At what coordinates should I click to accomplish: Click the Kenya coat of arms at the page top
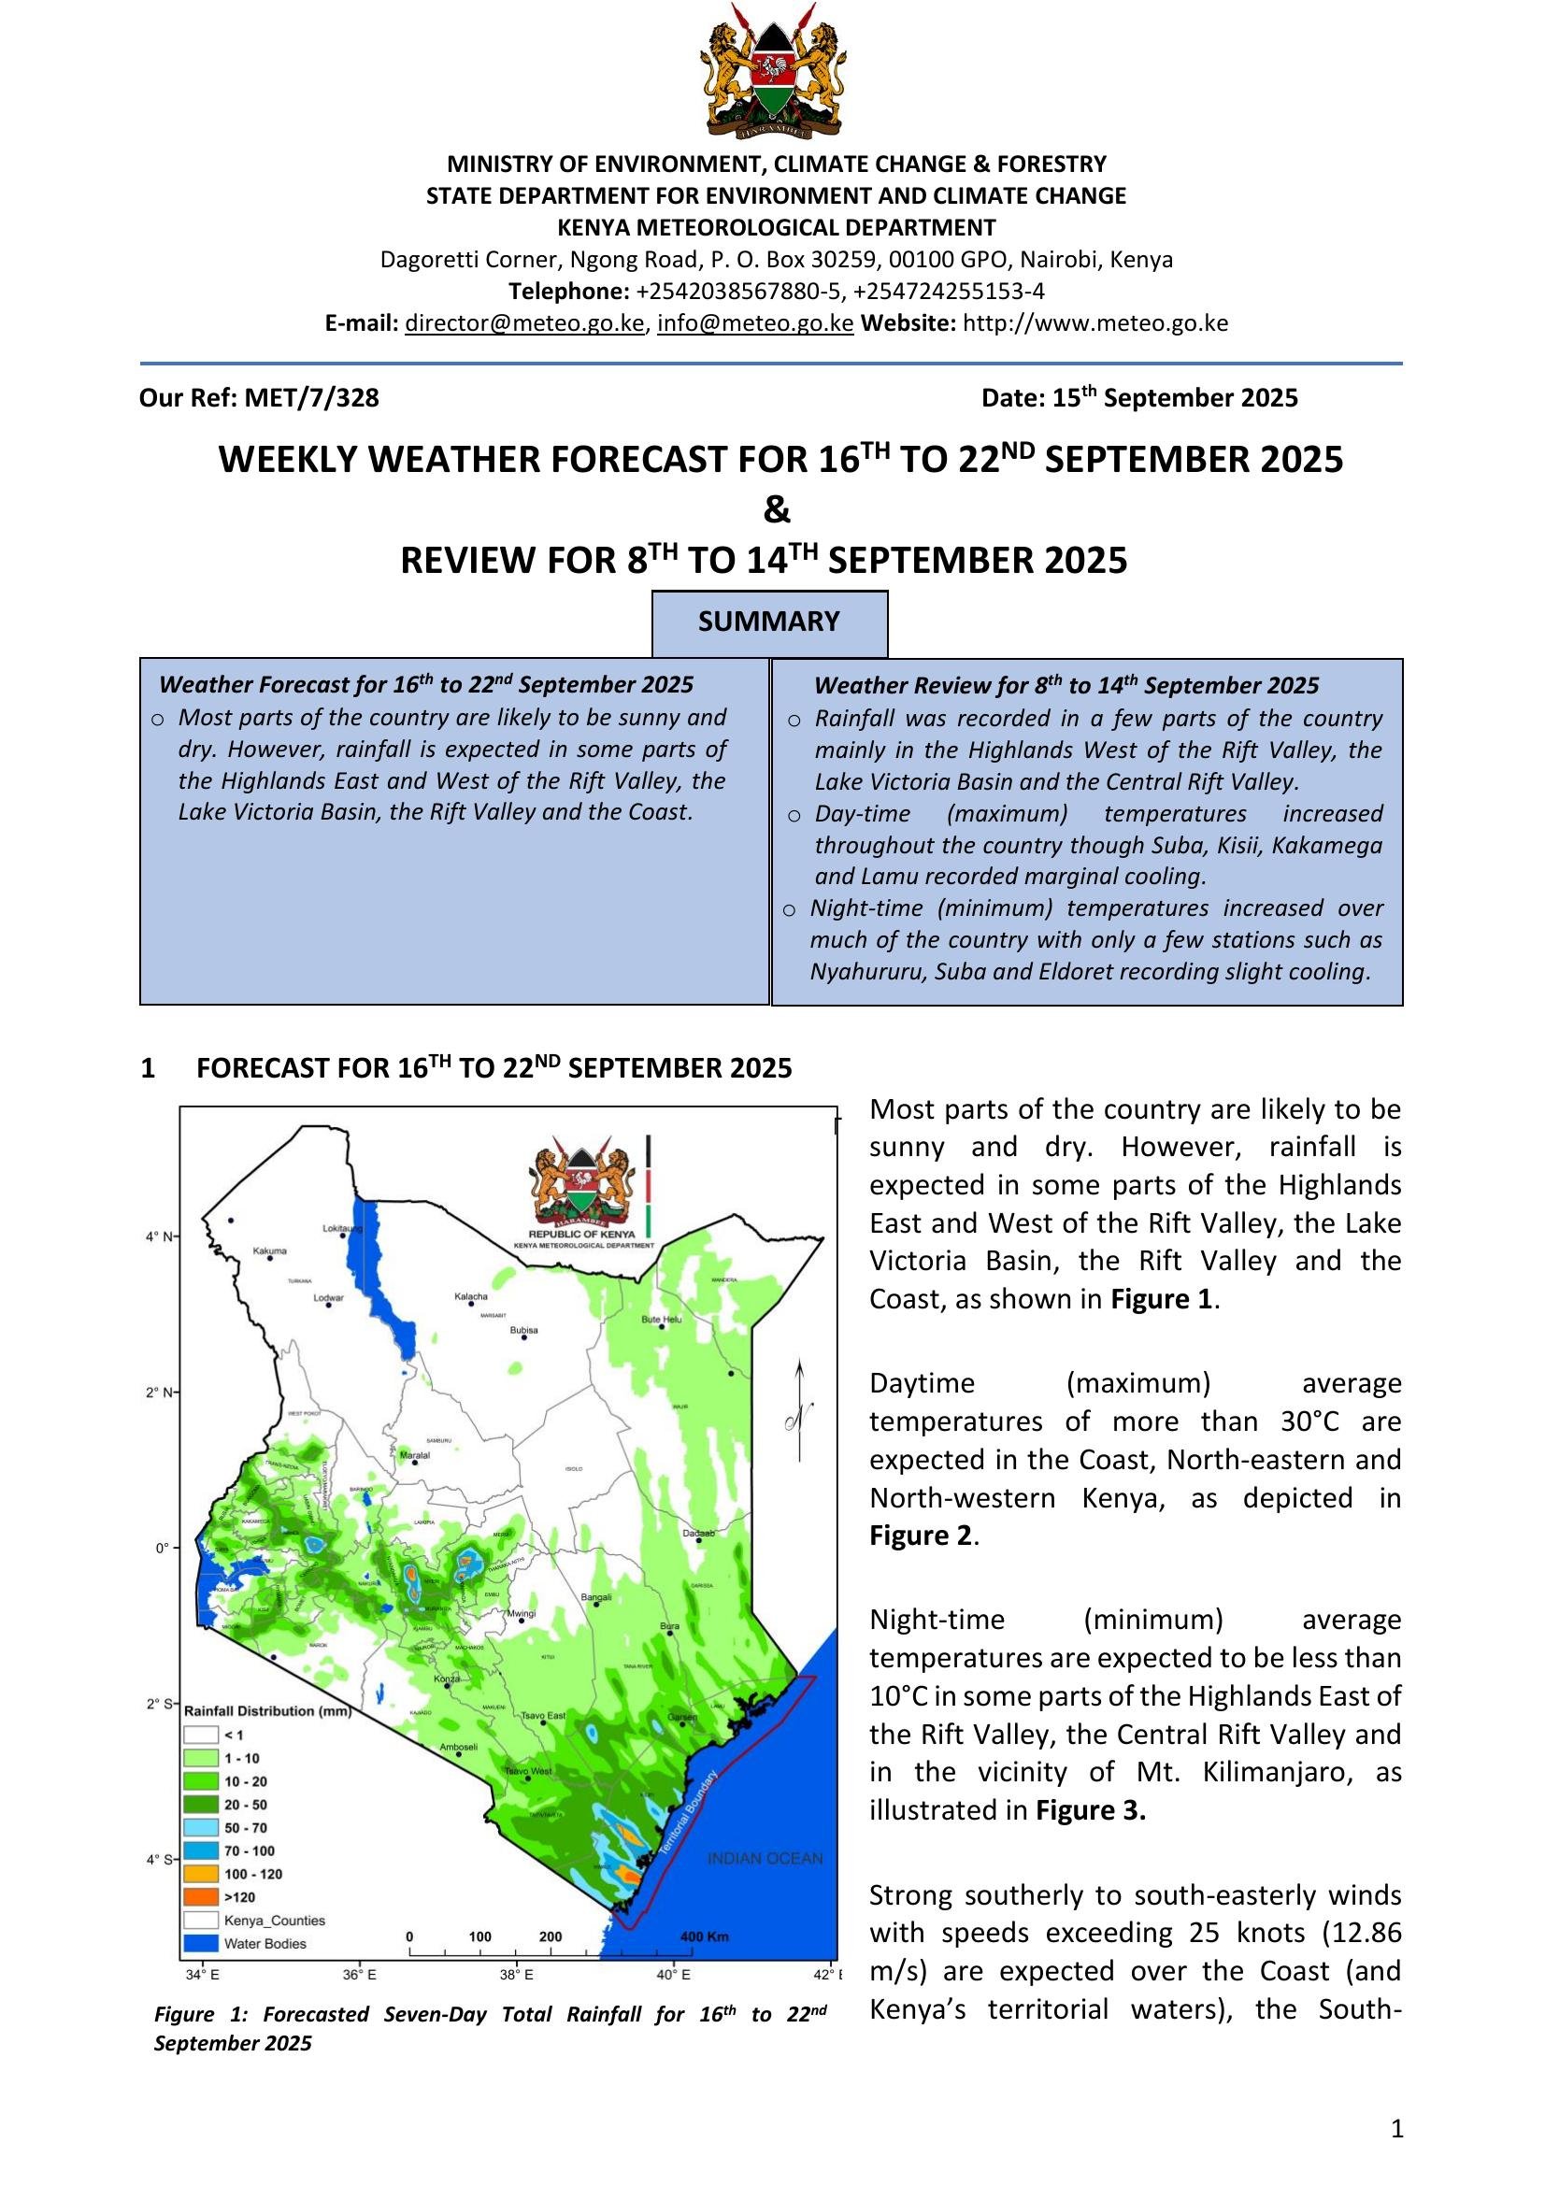772,70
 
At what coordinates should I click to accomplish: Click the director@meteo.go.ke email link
524,322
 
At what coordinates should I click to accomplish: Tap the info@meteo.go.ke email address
755,322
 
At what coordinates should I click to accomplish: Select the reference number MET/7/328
311,398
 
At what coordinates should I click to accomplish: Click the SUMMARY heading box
769,622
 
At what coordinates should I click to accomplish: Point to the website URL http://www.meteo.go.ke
1094,322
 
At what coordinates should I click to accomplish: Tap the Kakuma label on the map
269,1250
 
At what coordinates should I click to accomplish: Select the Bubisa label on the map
523,1330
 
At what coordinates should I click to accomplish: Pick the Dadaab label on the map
699,1533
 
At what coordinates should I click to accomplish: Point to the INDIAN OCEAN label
765,1858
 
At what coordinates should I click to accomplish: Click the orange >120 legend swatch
202,1896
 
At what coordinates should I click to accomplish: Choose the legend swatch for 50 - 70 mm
202,1827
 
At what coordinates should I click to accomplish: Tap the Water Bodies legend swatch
202,1943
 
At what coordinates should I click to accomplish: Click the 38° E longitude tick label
516,1975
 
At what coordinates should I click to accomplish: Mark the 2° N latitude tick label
159,1393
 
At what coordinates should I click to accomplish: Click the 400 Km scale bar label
705,1936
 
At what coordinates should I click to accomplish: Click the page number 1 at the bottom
1396,2129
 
